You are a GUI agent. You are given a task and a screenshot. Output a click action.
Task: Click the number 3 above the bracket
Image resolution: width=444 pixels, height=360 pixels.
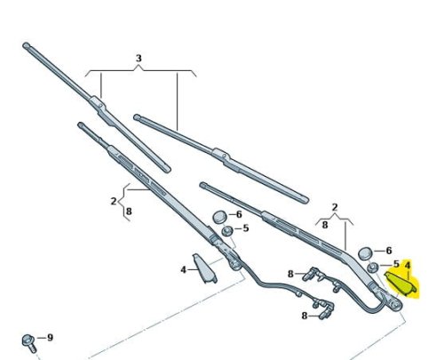click(x=139, y=59)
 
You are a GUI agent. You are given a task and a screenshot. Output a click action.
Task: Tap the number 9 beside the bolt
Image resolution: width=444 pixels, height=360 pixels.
click(x=50, y=338)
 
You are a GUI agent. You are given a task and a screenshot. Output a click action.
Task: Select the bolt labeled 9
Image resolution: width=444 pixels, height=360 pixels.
click(x=29, y=343)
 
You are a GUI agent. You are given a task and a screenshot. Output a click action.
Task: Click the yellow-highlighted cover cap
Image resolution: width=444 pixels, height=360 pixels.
click(x=400, y=284)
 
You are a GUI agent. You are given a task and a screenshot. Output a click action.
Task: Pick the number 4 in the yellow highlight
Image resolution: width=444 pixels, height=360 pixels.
click(x=408, y=265)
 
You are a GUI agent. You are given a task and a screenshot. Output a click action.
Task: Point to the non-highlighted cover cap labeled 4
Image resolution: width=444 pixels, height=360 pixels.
click(x=204, y=268)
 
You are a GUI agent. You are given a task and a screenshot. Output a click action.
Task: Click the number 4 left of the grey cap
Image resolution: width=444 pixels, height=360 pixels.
click(x=184, y=269)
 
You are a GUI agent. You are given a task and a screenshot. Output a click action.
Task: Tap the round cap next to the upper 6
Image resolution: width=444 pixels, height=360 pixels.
click(x=220, y=217)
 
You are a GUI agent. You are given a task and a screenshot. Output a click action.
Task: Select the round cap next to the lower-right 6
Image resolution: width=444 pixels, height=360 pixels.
click(x=366, y=253)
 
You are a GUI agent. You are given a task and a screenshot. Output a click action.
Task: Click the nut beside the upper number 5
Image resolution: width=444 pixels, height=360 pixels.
click(x=227, y=231)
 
